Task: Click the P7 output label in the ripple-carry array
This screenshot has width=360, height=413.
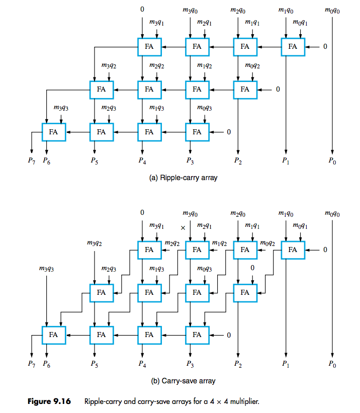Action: click(32, 161)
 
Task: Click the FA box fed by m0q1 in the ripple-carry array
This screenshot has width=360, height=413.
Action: click(293, 47)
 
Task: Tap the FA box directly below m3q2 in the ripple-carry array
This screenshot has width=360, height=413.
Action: click(102, 90)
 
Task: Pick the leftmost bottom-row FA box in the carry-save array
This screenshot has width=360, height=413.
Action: click(54, 335)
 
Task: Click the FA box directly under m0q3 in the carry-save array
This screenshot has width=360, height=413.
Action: click(197, 292)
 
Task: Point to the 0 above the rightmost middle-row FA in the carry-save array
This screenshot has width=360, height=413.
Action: click(252, 268)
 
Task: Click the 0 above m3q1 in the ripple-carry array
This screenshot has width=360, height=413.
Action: click(142, 9)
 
